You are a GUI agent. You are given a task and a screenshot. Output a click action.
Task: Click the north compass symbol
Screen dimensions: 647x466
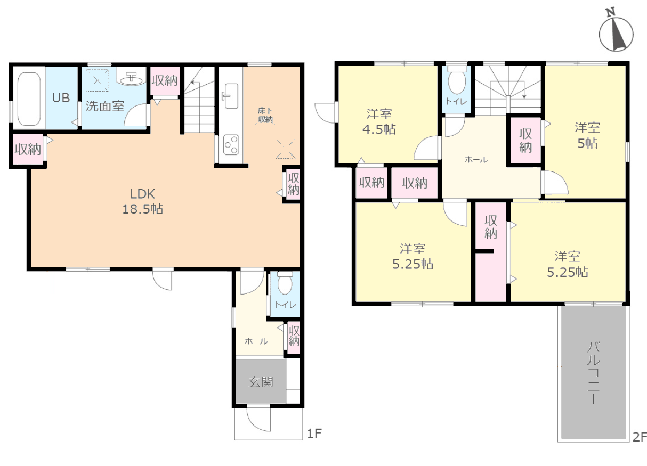pos(616,33)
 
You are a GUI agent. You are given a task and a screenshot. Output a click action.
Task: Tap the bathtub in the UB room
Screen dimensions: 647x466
pos(29,99)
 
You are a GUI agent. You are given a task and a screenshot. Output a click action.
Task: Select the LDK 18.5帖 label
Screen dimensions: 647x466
pos(143,201)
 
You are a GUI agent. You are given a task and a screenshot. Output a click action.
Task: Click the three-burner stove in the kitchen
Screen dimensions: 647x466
pos(231,145)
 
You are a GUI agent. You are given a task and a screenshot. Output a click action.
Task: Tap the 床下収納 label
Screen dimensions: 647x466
pos(265,115)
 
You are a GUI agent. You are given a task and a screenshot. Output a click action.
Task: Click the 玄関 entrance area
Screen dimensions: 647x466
pos(261,381)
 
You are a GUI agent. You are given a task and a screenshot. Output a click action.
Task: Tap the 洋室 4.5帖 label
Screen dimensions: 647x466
pos(379,122)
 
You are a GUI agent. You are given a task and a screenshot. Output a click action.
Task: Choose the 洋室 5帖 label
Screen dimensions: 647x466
pos(587,135)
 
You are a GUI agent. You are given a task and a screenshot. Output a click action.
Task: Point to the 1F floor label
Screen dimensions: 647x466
pos(314,434)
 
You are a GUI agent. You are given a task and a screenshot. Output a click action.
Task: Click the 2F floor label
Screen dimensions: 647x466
pos(640,437)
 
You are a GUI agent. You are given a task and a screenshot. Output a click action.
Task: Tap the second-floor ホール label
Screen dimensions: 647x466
pos(476,159)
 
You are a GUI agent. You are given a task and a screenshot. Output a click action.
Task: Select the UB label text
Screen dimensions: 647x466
pos(61,98)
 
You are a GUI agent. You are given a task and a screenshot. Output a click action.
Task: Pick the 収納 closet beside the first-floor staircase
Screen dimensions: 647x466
pos(165,80)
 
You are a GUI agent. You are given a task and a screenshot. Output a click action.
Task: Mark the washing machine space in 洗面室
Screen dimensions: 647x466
pos(98,80)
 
